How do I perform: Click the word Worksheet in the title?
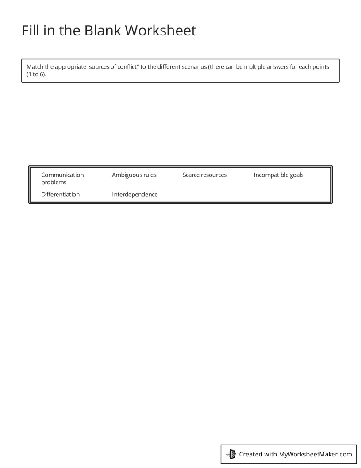click(x=160, y=31)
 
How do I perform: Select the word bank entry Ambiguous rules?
click(x=134, y=175)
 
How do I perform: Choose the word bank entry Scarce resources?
click(x=204, y=175)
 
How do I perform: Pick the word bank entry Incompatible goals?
click(x=278, y=175)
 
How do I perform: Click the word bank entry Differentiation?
click(x=60, y=195)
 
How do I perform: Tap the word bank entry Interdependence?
click(x=134, y=195)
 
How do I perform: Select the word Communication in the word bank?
click(x=62, y=175)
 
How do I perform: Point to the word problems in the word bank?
click(x=54, y=182)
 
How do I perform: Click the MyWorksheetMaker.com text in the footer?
click(x=315, y=454)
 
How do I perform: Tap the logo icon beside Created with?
click(x=231, y=454)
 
